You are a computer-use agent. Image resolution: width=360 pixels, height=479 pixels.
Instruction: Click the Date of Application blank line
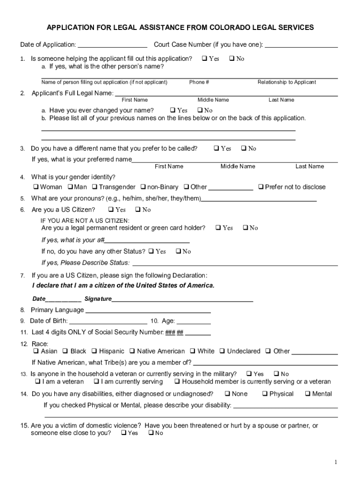click(x=112, y=45)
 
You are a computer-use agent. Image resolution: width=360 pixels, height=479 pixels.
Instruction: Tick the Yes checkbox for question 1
click(x=204, y=59)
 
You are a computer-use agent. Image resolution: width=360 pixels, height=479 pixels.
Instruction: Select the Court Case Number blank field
click(x=301, y=45)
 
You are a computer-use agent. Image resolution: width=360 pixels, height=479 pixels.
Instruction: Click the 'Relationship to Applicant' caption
click(x=287, y=82)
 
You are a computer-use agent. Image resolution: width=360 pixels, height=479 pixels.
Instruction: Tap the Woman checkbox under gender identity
click(x=36, y=187)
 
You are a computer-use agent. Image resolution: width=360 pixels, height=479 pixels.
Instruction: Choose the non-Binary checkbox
click(x=143, y=187)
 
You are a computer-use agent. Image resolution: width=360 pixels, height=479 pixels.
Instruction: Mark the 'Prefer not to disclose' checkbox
click(x=261, y=187)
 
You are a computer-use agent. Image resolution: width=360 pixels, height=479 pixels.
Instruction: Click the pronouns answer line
click(x=259, y=198)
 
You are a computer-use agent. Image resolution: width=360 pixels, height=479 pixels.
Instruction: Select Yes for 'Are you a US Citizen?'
click(x=111, y=210)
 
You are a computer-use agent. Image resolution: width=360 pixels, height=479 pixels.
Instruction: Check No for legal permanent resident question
click(x=245, y=228)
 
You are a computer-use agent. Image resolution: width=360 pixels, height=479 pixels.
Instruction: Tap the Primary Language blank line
click(x=147, y=310)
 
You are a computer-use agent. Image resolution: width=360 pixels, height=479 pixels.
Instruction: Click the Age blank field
click(x=194, y=321)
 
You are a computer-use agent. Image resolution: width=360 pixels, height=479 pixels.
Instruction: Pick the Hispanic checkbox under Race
click(x=94, y=351)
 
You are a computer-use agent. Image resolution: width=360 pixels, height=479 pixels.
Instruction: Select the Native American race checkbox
click(x=132, y=351)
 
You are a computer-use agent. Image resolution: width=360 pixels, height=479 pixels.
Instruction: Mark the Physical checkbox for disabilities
click(x=265, y=394)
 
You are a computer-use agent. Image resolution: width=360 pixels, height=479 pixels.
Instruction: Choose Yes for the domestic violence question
click(x=123, y=433)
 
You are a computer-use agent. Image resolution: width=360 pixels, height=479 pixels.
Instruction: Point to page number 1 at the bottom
click(x=335, y=463)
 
